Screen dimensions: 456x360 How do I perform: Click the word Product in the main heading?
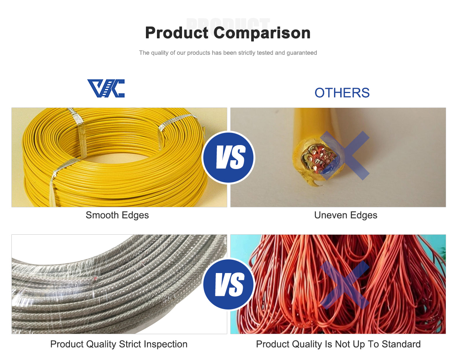(x=177, y=33)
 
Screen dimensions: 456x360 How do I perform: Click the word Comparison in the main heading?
(x=262, y=33)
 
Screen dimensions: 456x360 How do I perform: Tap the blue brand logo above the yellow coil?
(x=106, y=88)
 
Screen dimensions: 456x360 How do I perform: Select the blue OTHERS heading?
(x=342, y=93)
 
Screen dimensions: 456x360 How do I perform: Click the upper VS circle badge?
(x=228, y=158)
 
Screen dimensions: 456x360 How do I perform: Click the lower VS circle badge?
(x=228, y=284)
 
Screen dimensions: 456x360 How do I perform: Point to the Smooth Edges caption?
(x=117, y=215)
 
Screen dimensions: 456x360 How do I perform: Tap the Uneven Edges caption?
(x=345, y=215)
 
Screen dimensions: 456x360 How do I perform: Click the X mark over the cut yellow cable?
(x=345, y=156)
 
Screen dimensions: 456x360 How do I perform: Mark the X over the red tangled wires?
(x=345, y=285)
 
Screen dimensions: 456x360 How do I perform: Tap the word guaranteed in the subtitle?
(x=302, y=53)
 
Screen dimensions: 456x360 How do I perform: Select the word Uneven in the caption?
(x=331, y=215)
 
